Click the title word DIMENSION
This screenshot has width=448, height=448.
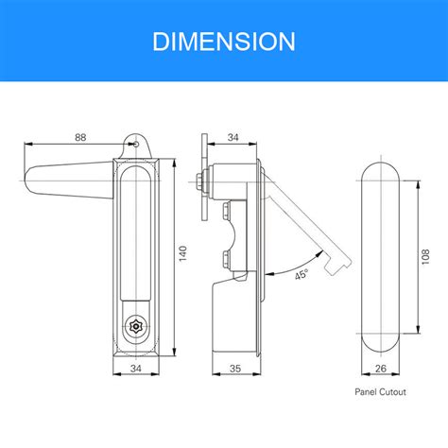(224, 42)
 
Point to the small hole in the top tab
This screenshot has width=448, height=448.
(136, 145)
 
